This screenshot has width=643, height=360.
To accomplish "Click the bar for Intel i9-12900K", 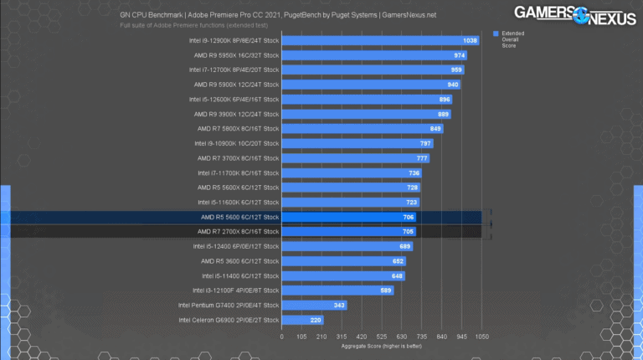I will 381,40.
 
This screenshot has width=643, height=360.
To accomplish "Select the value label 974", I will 460,55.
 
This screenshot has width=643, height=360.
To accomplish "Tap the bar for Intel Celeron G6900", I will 302,321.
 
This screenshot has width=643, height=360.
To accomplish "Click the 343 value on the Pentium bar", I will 340,306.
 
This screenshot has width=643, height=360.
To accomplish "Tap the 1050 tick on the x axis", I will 481,337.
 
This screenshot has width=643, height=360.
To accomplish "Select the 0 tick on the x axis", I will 282,337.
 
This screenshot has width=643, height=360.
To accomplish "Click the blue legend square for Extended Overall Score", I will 496,33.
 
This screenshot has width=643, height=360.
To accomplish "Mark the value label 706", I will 409,218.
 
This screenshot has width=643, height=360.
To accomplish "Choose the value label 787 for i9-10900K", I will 424,144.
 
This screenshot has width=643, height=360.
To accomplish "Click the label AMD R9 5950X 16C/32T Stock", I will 236,55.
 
